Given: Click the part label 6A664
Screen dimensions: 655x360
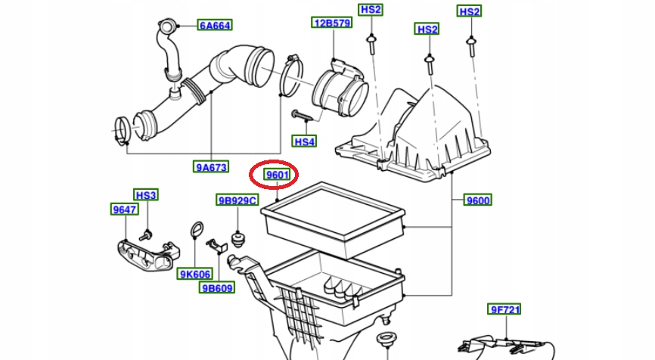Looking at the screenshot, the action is [215, 25].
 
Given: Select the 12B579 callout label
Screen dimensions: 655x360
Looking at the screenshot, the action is [332, 23].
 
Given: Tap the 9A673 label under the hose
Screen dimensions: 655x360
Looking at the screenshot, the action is [211, 167].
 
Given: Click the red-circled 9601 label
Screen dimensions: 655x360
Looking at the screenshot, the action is [275, 175].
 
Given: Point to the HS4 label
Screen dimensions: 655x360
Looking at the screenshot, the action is [304, 141].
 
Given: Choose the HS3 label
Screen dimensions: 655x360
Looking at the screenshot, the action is [146, 195].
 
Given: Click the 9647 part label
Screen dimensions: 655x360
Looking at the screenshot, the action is [124, 209].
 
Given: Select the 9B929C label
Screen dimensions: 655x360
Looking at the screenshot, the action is [237, 200].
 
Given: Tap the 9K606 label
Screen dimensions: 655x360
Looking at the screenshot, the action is [194, 274].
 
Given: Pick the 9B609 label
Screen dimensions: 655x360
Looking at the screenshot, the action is [217, 288].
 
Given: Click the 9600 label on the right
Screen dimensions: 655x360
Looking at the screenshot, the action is [477, 200].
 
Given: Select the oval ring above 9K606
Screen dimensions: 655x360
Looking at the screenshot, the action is [196, 230].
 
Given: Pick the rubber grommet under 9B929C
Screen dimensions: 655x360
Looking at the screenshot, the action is [238, 239].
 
